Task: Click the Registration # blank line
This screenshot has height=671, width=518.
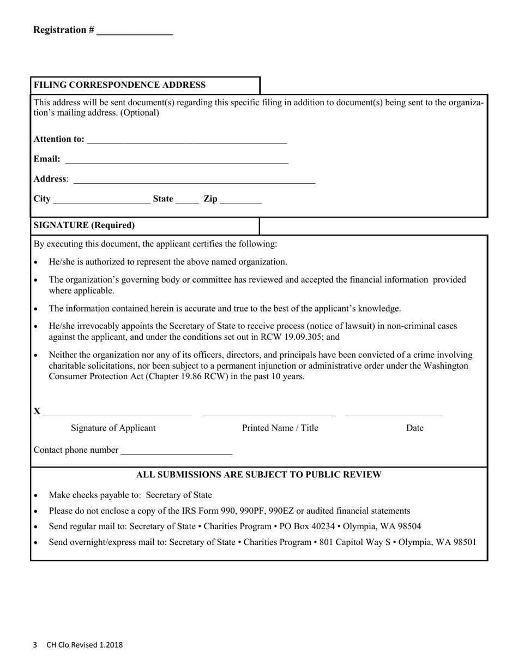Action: (x=134, y=32)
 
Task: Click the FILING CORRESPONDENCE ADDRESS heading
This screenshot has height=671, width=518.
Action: (x=119, y=85)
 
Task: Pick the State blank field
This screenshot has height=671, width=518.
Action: (x=187, y=200)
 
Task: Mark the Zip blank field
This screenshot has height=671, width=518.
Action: (x=241, y=200)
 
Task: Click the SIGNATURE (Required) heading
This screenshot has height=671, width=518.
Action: (x=85, y=225)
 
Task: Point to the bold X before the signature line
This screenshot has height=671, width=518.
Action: (x=37, y=411)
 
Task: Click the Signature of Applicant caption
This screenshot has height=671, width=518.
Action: (x=113, y=428)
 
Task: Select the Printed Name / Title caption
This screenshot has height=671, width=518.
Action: (x=280, y=428)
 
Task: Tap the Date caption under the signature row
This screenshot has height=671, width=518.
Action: (x=414, y=428)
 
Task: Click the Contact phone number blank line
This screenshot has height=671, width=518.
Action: (x=176, y=451)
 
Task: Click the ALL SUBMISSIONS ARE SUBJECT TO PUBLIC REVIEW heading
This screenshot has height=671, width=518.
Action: (x=258, y=475)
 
